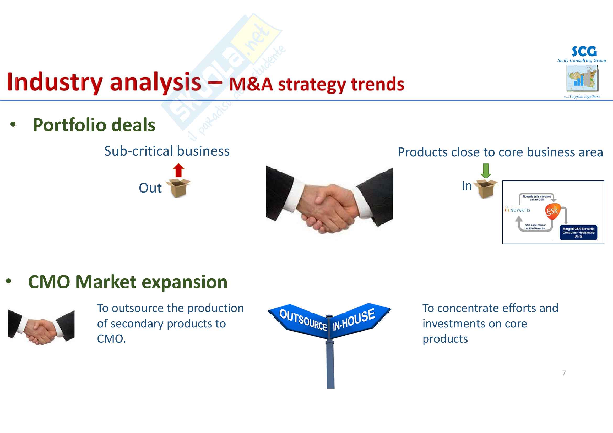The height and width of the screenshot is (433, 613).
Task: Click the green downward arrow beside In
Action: pyautogui.click(x=485, y=171)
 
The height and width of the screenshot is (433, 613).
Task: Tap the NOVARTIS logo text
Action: pyautogui.click(x=519, y=210)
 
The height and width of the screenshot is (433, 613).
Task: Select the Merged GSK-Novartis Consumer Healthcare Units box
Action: pyautogui.click(x=578, y=233)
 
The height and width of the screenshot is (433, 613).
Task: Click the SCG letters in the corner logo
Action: pyautogui.click(x=584, y=52)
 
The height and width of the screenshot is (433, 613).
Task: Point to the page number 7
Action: pyautogui.click(x=564, y=373)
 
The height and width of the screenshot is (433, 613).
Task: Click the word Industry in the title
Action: pyautogui.click(x=55, y=82)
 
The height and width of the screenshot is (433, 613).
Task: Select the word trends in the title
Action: pyautogui.click(x=377, y=84)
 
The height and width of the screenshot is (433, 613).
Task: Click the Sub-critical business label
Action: pyautogui.click(x=167, y=151)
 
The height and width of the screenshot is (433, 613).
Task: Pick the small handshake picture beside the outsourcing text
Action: pyautogui.click(x=41, y=327)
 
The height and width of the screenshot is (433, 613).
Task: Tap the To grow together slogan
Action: pyautogui.click(x=582, y=97)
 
